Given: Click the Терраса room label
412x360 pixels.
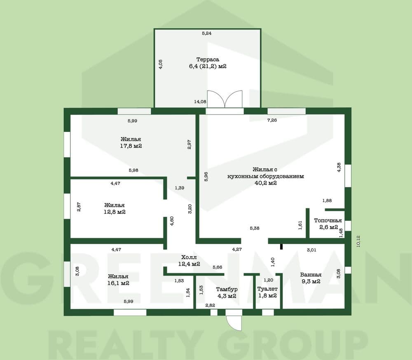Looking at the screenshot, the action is (x=208, y=59).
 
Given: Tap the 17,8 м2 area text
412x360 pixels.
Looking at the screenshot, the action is (x=131, y=146).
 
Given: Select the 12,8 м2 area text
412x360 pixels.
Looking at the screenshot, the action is (x=115, y=212).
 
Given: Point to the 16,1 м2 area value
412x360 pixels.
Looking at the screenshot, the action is (x=118, y=283).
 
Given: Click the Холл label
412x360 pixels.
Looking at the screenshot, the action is (x=189, y=257).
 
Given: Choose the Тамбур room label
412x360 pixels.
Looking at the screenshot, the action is (x=227, y=289).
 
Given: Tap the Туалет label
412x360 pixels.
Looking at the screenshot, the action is (x=267, y=289).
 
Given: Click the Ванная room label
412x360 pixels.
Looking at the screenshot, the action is (x=311, y=275).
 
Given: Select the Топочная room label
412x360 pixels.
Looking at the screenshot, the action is (x=328, y=220).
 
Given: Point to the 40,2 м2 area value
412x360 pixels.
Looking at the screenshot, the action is (x=266, y=183).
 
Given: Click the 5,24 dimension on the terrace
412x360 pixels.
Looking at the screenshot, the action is (x=207, y=33).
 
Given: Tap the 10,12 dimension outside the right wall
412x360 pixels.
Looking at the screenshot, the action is (x=359, y=241).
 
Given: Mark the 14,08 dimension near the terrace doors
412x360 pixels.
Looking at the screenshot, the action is (x=200, y=101).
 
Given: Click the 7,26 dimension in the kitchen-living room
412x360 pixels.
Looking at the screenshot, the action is (x=272, y=120).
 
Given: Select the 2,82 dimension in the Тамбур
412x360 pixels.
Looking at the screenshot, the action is (x=210, y=305).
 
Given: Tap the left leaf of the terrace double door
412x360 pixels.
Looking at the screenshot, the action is (x=216, y=99).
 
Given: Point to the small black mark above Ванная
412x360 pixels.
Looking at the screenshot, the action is (x=281, y=247).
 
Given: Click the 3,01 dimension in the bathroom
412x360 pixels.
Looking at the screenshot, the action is (x=311, y=250).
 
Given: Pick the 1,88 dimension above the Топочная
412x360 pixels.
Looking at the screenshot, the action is (x=327, y=201).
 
